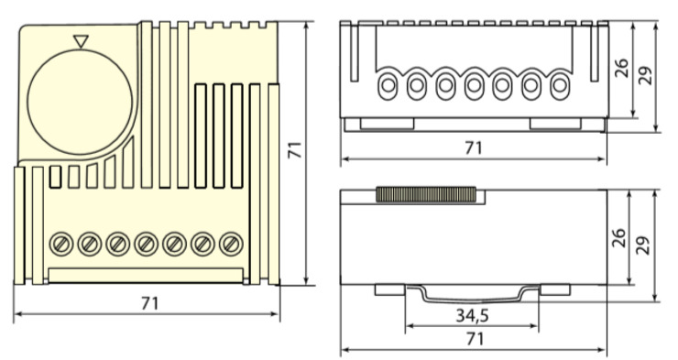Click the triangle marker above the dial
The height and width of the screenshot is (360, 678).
pos(81,41)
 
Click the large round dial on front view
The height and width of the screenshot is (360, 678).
pos(80,102)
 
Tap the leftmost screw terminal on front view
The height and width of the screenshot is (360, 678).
pos(61,245)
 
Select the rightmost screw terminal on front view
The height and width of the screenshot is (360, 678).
pos(231,245)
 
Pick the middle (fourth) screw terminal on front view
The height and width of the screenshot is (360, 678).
pos(147,245)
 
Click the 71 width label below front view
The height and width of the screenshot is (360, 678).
pos(150,303)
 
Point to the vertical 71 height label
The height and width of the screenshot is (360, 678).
pos(295,150)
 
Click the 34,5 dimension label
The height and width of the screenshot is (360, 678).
pos(472,316)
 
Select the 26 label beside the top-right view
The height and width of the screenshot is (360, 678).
pos(621,68)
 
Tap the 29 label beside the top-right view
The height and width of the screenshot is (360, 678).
pos(645,76)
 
